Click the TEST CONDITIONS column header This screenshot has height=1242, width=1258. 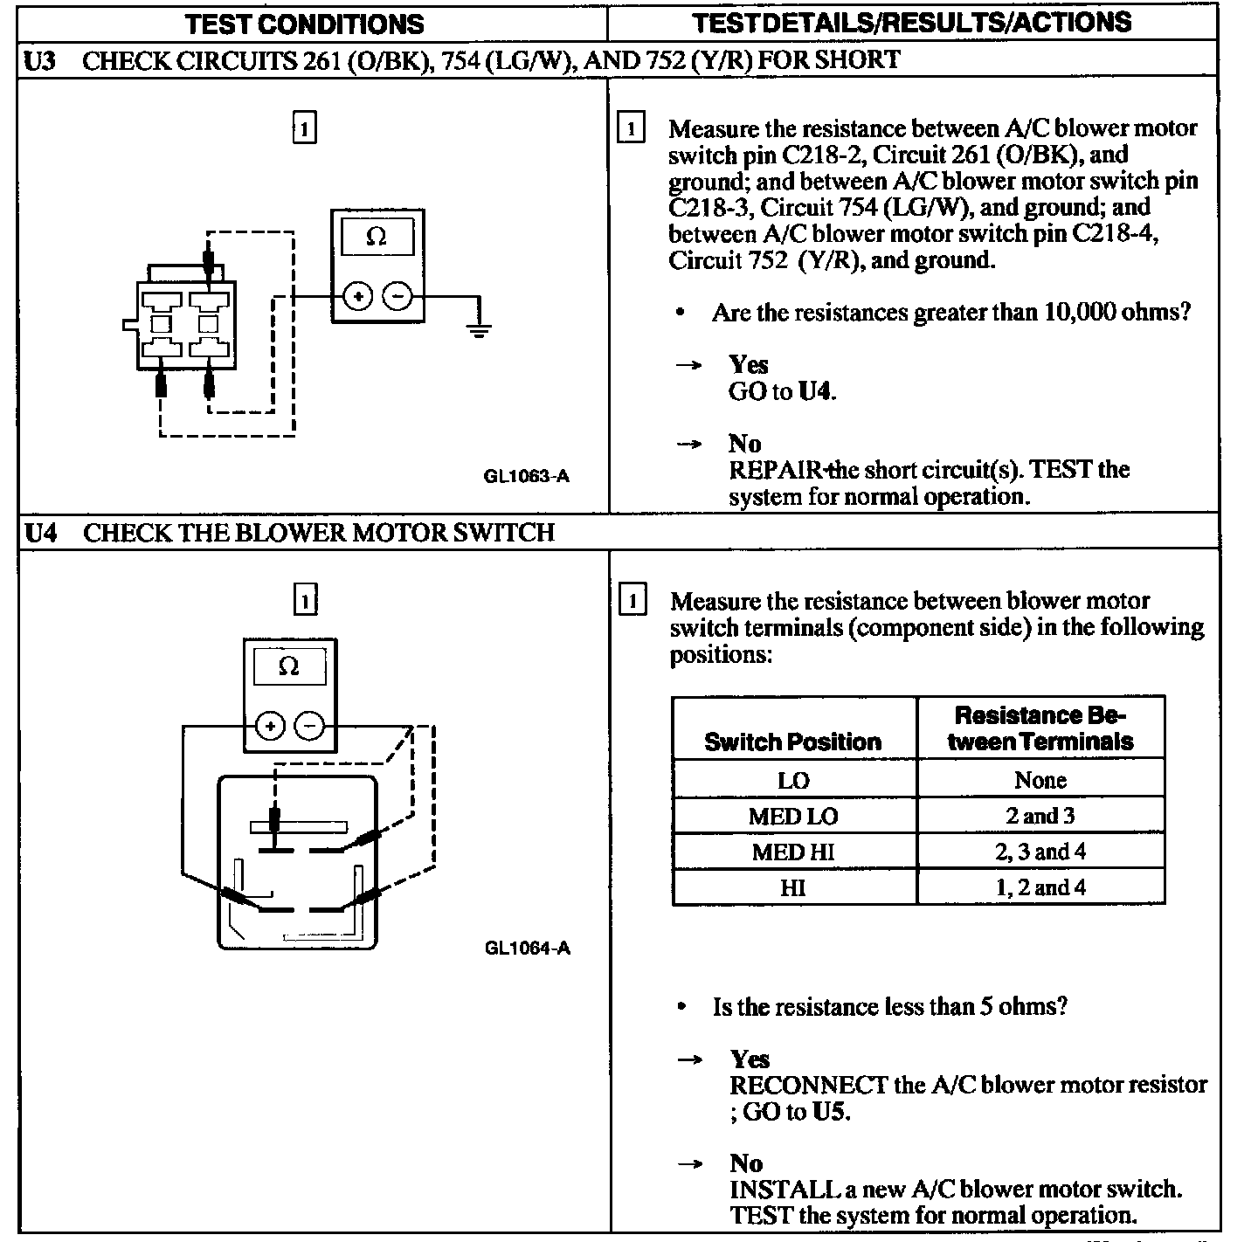pyautogui.click(x=304, y=24)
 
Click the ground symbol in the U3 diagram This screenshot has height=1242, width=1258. pyautogui.click(x=478, y=329)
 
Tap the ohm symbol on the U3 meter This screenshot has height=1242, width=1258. pyautogui.click(x=377, y=237)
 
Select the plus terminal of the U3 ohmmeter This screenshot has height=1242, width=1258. pyautogui.click(x=357, y=297)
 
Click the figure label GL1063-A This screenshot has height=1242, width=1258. pyautogui.click(x=526, y=476)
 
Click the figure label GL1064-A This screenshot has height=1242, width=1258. pyautogui.click(x=527, y=948)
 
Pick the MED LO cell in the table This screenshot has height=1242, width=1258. pyautogui.click(x=793, y=816)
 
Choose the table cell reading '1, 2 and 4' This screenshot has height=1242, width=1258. pyautogui.click(x=1040, y=887)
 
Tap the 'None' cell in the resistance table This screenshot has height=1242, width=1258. pyautogui.click(x=1040, y=780)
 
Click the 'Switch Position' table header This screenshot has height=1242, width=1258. pyautogui.click(x=793, y=742)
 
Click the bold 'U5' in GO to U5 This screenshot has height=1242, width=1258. pyautogui.click(x=827, y=1112)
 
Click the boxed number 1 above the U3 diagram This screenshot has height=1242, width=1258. pyautogui.click(x=303, y=128)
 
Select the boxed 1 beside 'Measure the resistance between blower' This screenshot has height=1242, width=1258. pyautogui.click(x=632, y=601)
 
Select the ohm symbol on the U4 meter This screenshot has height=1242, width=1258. pyautogui.click(x=288, y=667)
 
